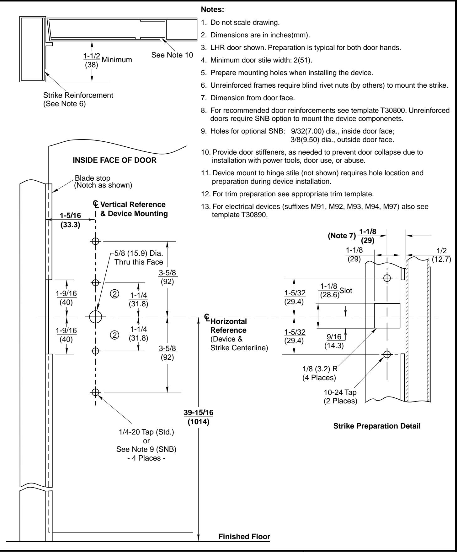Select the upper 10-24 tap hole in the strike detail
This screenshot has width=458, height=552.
coord(387,278)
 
